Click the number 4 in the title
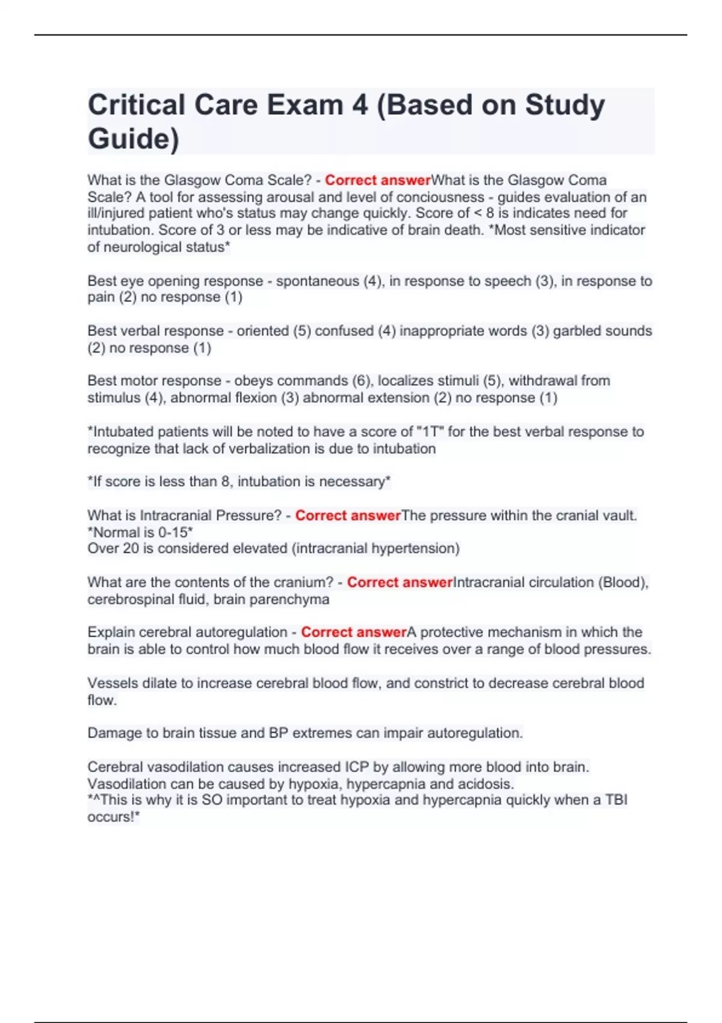360,105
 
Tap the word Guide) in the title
133,138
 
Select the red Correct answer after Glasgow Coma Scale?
378,180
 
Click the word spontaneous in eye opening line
317,281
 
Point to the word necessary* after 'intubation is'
355,481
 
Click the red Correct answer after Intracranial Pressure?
348,516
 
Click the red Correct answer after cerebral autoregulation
354,632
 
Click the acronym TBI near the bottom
616,800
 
